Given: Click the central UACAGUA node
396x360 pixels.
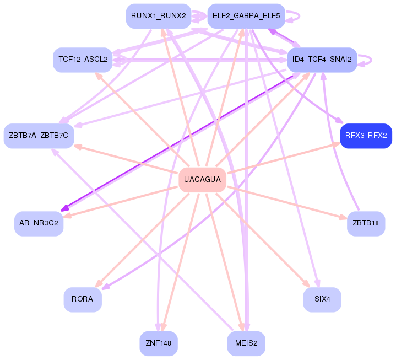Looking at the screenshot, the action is (x=202, y=180).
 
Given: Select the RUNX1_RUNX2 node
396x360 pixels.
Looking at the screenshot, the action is (x=158, y=16).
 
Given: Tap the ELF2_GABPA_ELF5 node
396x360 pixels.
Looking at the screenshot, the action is (x=246, y=16).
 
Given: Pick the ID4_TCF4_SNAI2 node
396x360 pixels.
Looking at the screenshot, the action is (x=322, y=59).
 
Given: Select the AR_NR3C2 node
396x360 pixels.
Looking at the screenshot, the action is (x=39, y=223).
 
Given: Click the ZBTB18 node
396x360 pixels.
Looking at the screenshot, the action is (x=366, y=223).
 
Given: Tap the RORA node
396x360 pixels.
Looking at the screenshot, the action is (x=83, y=299).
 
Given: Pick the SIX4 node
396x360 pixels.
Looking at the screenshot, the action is (x=322, y=299).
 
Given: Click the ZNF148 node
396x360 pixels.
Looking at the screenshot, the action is (x=158, y=343).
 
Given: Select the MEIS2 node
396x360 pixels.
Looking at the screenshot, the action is (x=246, y=343).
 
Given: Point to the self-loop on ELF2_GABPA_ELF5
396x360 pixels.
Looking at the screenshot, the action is (x=295, y=16).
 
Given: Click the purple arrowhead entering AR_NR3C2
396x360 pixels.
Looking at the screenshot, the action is (x=65, y=208).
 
